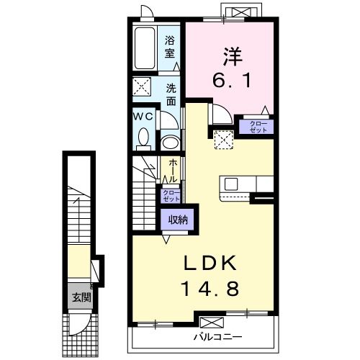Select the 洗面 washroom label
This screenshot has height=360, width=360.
171,95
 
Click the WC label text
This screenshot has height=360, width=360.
141,116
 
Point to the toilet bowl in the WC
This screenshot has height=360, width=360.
143,136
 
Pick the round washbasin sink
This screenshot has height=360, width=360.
170,141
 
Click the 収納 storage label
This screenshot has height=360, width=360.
178,220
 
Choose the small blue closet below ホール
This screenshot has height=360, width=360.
171,196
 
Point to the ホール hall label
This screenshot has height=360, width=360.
173,171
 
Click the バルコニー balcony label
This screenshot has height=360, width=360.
217,336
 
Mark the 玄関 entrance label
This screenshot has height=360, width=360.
79,296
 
